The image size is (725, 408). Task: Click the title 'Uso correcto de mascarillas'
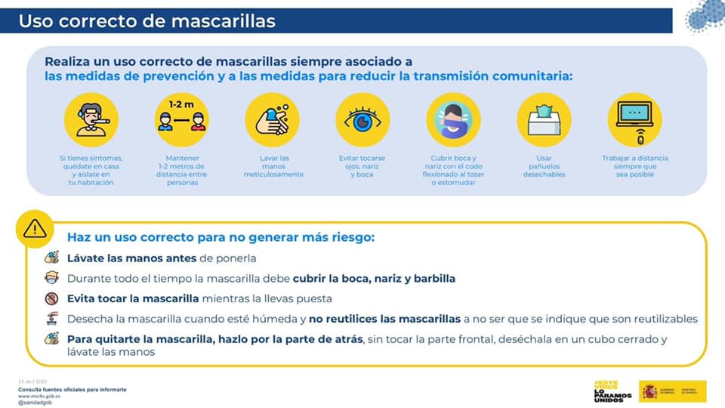click(x=147, y=20)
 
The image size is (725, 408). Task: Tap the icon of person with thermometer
click(x=91, y=119)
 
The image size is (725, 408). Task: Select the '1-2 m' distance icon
click(x=181, y=119)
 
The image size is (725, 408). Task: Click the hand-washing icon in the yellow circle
click(x=272, y=119)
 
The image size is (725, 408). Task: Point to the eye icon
click(x=362, y=119)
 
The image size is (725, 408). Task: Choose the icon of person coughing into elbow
click(x=453, y=119)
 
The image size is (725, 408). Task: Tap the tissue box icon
click(x=544, y=119)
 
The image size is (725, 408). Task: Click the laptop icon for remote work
click(x=634, y=119)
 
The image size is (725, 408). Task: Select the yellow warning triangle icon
click(x=35, y=227)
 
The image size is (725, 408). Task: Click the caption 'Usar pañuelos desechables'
click(x=544, y=166)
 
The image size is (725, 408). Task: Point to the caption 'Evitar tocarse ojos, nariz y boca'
click(x=362, y=166)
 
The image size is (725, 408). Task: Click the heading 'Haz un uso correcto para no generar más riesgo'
click(x=221, y=237)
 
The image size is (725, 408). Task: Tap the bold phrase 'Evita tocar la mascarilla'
click(x=133, y=298)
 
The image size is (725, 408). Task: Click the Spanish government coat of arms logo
click(x=649, y=391)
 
